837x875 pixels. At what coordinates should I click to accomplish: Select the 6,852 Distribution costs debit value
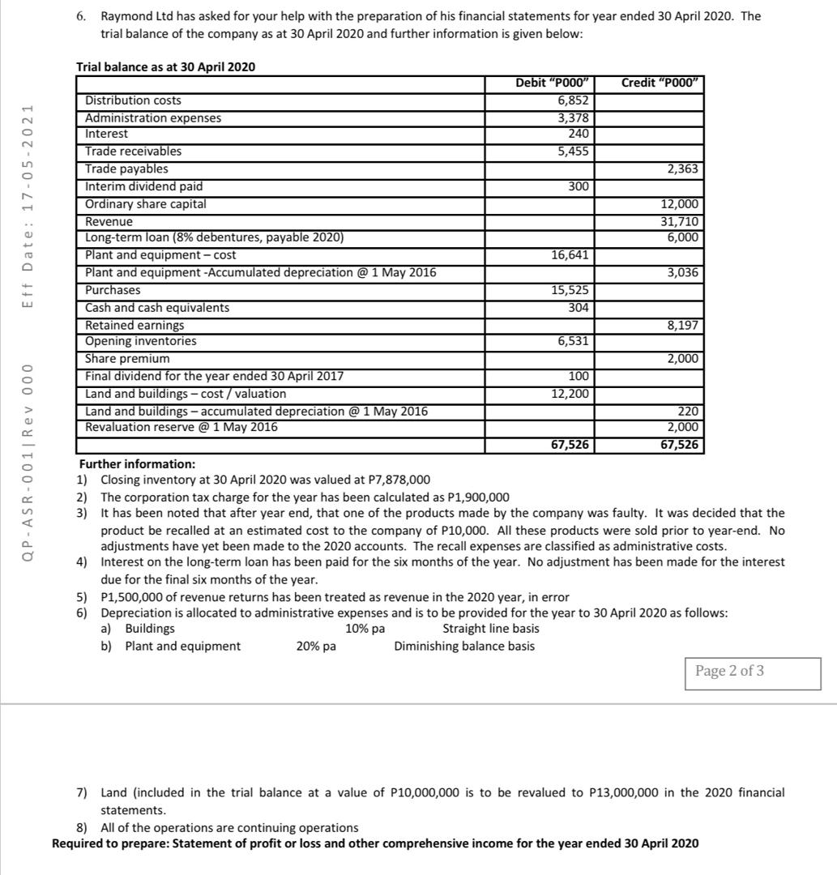click(x=573, y=100)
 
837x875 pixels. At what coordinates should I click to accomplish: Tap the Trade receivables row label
click(x=134, y=152)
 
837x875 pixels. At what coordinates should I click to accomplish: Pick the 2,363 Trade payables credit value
click(x=682, y=169)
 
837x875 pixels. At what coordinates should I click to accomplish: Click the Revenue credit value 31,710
click(x=681, y=221)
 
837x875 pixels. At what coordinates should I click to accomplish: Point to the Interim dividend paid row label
click(x=144, y=186)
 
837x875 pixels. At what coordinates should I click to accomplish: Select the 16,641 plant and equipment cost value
click(x=571, y=255)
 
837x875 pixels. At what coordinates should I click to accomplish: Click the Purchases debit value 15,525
click(x=571, y=290)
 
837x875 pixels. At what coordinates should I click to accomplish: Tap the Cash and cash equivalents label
click(x=157, y=308)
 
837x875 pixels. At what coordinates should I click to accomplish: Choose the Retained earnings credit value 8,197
click(x=682, y=325)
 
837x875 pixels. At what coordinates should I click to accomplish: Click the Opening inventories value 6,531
click(x=574, y=342)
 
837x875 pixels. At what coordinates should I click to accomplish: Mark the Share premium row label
click(x=128, y=359)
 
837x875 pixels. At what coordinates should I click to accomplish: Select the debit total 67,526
click(x=567, y=445)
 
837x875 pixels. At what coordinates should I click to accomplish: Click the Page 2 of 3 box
click(x=729, y=671)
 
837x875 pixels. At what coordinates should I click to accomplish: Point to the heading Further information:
click(x=137, y=464)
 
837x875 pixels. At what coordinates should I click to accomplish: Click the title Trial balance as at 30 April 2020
click(x=165, y=66)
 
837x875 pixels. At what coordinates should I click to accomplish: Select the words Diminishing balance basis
click(x=464, y=647)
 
